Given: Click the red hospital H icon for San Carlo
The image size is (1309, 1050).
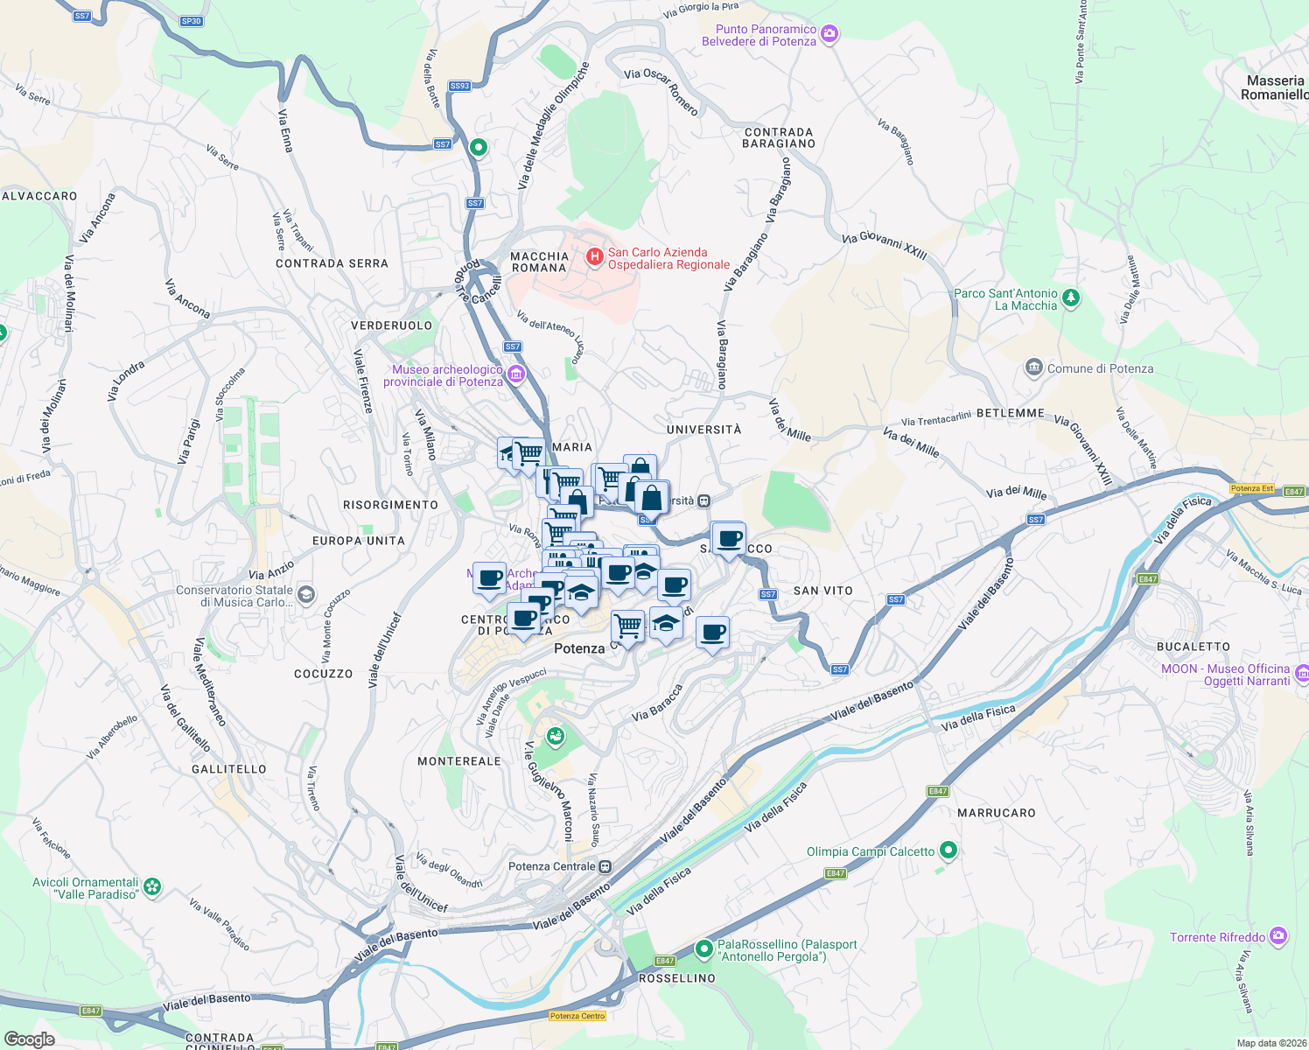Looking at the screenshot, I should click(594, 256).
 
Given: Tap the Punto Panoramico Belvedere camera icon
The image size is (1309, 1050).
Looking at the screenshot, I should click(829, 35).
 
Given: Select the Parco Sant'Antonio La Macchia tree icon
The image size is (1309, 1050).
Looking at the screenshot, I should click(1070, 299).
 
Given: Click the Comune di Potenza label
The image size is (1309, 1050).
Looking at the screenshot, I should click(1100, 368).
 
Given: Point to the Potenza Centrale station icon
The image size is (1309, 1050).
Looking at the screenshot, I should click(605, 866).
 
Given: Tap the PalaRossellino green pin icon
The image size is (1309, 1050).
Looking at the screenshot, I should click(703, 948).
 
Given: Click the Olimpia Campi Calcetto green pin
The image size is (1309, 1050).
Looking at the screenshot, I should click(948, 850).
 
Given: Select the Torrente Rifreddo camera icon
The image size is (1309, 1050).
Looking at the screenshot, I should click(1277, 936).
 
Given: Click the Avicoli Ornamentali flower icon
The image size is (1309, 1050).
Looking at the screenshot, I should click(152, 887).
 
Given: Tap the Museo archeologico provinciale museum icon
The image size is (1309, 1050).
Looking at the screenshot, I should click(515, 375).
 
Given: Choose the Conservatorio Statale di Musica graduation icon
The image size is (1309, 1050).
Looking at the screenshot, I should click(305, 595).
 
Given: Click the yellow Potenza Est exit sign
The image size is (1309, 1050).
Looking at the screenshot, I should click(1251, 488).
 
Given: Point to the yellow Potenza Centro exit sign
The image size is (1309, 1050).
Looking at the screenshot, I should click(577, 1016).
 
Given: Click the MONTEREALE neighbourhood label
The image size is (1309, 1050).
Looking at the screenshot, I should click(459, 761).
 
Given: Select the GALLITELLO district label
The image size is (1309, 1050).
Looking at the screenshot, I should click(228, 769).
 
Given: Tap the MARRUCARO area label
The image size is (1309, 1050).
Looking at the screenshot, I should click(996, 813).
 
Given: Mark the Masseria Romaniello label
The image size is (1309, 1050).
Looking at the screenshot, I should click(1275, 87).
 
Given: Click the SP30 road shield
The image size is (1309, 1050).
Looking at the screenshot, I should click(191, 21).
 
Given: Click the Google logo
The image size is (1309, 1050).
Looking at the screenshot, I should click(29, 1039).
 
